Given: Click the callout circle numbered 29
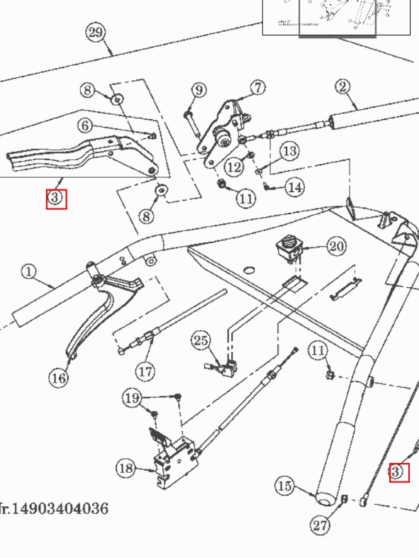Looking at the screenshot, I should [x=96, y=32].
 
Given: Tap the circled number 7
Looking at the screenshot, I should [x=257, y=87].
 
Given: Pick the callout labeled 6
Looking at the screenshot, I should [x=85, y=125].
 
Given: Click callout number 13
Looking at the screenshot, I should [x=289, y=150].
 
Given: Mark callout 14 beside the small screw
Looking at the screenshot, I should [x=294, y=187].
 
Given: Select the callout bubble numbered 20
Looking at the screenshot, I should [x=336, y=246].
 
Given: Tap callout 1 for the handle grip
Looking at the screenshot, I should [x=28, y=272].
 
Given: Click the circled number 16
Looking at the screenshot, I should [x=59, y=377].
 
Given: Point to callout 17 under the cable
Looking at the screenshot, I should [x=145, y=370].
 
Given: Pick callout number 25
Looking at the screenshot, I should [x=201, y=341].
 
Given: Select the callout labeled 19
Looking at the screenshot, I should [x=133, y=398].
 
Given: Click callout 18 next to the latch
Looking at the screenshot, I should [x=125, y=468].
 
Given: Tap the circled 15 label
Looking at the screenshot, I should [x=284, y=486].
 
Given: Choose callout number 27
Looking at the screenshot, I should [x=320, y=525].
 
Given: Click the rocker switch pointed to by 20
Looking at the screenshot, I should [x=289, y=248].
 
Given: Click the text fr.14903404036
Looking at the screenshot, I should [x=55, y=508].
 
